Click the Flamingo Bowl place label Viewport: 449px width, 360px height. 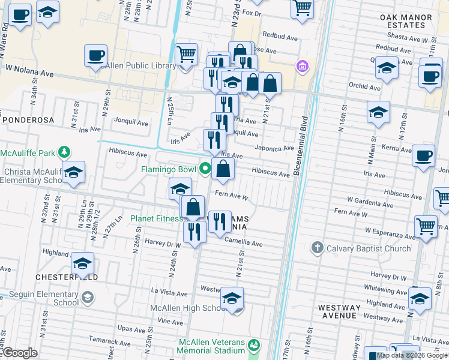click(167, 169)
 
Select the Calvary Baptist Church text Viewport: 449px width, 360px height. click(369, 248)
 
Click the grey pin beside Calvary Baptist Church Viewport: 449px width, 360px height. click(318, 248)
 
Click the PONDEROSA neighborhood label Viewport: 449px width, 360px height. click(28, 120)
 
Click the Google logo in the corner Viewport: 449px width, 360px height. click(19, 353)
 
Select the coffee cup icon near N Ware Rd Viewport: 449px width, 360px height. click(20, 14)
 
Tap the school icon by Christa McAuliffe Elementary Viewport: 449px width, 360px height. click(73, 173)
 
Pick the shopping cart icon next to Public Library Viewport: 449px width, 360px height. click(187, 55)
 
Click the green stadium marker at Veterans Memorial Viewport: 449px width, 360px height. click(255, 345)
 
